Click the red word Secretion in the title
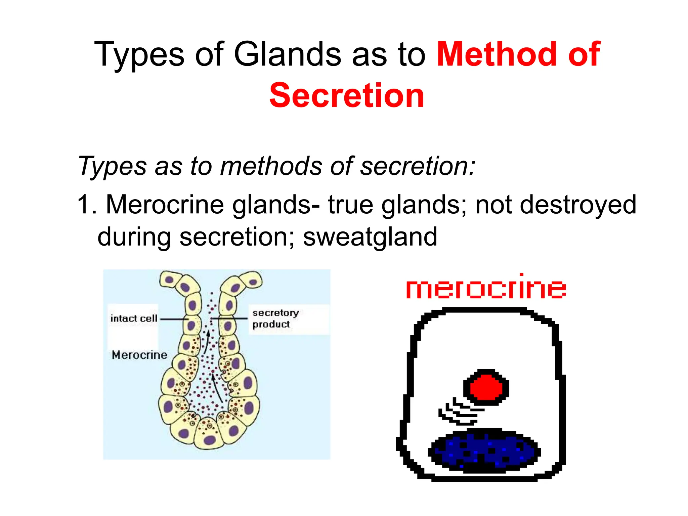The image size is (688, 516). click(346, 96)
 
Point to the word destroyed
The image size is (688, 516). click(578, 205)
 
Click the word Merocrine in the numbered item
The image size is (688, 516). click(165, 205)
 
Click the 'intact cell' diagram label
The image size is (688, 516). click(134, 318)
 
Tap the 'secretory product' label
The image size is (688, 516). click(275, 318)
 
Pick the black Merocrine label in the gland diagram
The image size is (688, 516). click(139, 355)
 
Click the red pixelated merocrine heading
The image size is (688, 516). click(486, 288)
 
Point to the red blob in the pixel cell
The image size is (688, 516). click(486, 387)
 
